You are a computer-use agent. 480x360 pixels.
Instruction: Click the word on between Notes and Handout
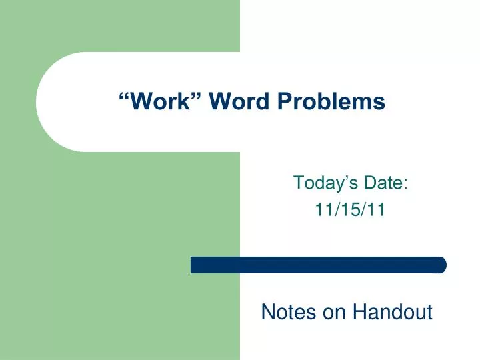pos(331,312)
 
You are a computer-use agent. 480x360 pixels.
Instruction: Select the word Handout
pos(393,311)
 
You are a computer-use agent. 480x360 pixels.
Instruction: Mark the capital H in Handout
pos(359,311)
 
